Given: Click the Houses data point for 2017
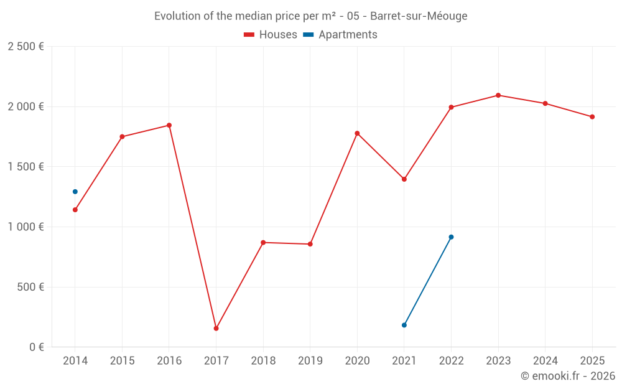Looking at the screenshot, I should [x=216, y=328].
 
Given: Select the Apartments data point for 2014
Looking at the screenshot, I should [x=75, y=192].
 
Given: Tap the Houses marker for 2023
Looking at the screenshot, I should [x=498, y=95].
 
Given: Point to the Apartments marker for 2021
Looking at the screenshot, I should [x=404, y=325].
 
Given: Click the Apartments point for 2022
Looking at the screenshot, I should [x=451, y=237].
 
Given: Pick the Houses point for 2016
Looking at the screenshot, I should [x=169, y=125].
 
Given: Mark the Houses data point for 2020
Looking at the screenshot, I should [x=357, y=133].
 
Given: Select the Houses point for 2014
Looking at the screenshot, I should [x=75, y=210].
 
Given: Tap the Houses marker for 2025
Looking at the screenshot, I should [x=592, y=117].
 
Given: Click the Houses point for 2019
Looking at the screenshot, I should [x=310, y=244].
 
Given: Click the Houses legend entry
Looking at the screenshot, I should [x=271, y=35].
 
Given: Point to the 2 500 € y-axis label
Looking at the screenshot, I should [x=26, y=47].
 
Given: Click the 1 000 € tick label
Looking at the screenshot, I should [x=26, y=227].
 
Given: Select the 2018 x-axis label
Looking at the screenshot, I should [x=263, y=360].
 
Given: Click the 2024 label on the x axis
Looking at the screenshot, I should [x=545, y=360].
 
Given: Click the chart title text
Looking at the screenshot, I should [x=310, y=16].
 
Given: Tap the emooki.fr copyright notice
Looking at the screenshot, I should [x=567, y=376].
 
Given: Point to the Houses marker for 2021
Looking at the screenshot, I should [x=404, y=179].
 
